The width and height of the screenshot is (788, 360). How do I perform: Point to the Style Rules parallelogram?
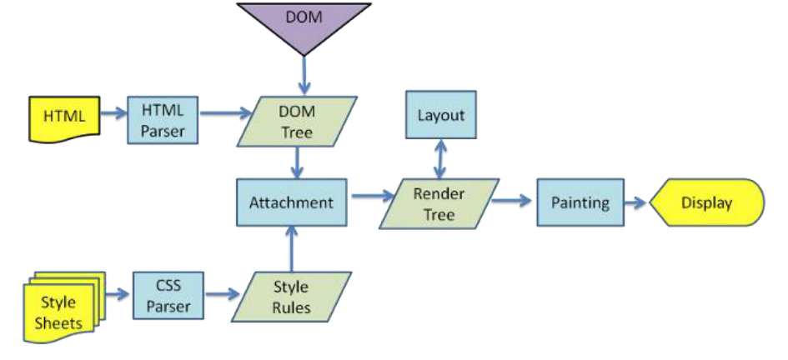pyautogui.click(x=292, y=297)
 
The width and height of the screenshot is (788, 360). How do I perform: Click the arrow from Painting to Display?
pyautogui.click(x=635, y=202)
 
